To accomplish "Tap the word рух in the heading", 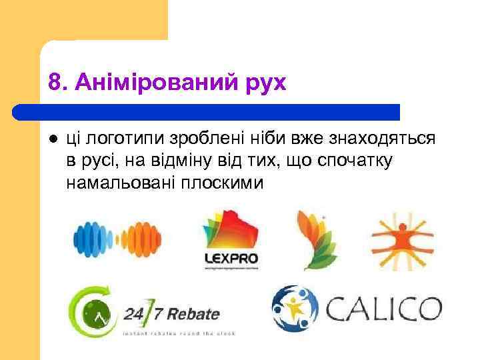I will coord(265,83).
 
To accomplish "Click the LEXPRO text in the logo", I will coord(230,258).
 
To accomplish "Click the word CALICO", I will coord(383,309).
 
